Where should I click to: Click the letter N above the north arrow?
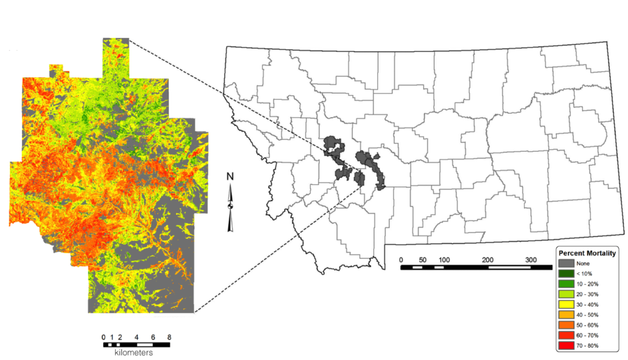point(230,177)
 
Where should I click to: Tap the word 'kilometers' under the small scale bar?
point(134,353)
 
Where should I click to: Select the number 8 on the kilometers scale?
point(169,337)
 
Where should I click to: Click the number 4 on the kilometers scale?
point(136,337)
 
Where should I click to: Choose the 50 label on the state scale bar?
point(422,259)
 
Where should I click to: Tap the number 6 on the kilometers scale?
point(153,337)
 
